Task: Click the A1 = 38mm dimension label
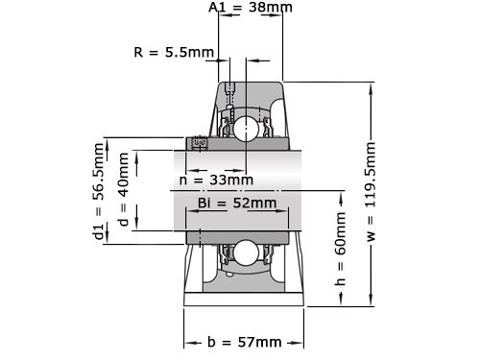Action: (251, 7)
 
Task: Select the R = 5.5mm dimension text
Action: (174, 52)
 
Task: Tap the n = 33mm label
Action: (216, 180)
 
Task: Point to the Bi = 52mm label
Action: (237, 203)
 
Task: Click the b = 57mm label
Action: (245, 342)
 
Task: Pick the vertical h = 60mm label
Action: (340, 249)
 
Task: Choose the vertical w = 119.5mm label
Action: (371, 191)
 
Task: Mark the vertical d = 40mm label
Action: (124, 189)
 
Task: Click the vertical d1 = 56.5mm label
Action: (99, 191)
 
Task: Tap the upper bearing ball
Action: (246, 129)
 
